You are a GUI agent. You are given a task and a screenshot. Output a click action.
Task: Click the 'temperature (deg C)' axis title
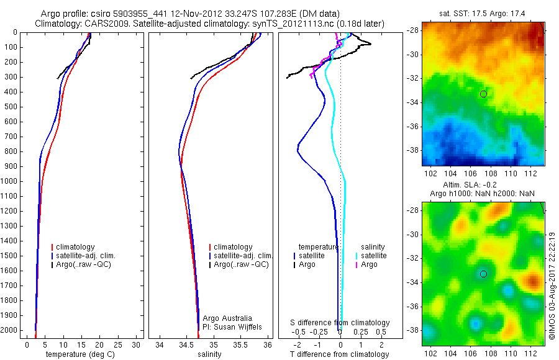[x=80, y=354]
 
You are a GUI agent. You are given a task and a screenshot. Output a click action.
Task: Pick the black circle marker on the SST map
[x=483, y=94]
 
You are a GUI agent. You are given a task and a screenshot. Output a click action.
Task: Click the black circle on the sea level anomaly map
[x=483, y=274]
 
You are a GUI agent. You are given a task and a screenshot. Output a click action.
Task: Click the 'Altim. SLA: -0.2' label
[x=483, y=186]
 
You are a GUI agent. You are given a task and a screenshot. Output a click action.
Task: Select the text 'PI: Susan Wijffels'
[x=234, y=326]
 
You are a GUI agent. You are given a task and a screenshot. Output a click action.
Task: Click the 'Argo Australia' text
[x=228, y=317]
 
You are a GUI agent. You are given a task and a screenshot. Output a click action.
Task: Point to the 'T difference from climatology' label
[x=340, y=354]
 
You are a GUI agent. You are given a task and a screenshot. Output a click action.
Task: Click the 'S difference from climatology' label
[x=340, y=323]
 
